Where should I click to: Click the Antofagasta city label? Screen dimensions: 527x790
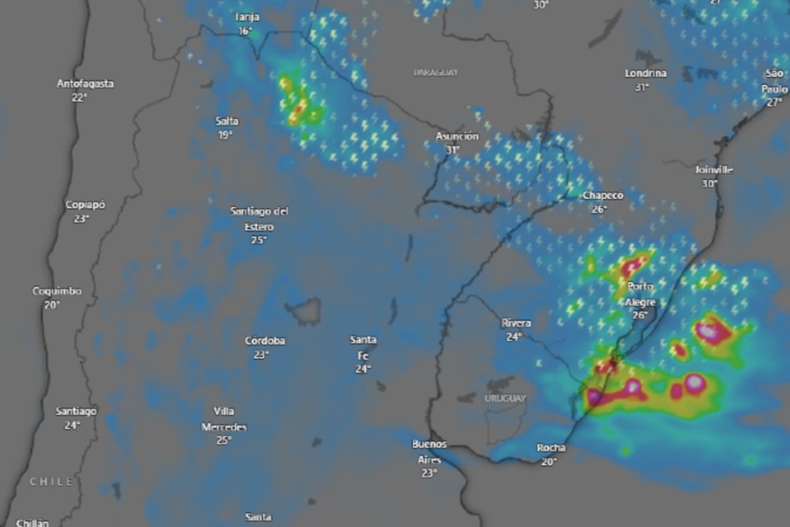click(85, 83)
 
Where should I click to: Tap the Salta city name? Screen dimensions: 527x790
click(227, 121)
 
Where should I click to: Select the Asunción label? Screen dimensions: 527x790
click(457, 136)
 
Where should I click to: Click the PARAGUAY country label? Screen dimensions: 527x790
click(435, 73)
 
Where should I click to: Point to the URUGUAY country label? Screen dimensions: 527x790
click(505, 399)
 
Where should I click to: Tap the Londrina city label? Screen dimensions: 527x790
click(645, 73)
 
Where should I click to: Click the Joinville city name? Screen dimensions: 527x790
click(713, 170)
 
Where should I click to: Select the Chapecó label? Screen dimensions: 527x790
click(603, 195)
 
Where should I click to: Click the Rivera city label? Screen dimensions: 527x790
click(516, 322)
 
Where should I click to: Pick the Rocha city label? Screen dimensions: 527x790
click(551, 448)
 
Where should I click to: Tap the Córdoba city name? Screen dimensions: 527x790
click(264, 341)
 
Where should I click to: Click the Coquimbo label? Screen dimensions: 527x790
click(57, 291)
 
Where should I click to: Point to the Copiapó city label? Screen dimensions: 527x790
click(85, 205)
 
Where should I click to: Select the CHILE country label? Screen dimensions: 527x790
click(51, 482)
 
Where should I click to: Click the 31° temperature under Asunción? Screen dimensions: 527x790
click(452, 150)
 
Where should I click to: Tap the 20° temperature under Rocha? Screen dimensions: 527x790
click(549, 461)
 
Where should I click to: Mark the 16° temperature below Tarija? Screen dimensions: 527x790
click(246, 31)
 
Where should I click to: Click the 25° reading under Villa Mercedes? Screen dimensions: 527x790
click(224, 440)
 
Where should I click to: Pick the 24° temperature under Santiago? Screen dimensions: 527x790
click(71, 425)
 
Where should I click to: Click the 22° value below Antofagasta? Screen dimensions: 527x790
click(79, 97)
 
